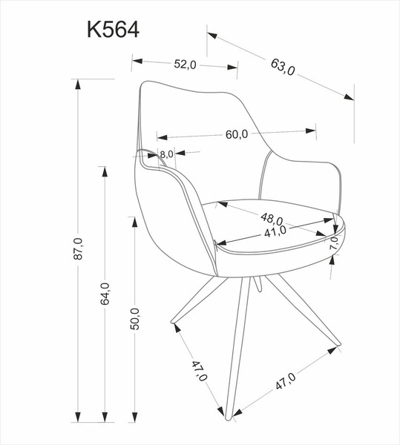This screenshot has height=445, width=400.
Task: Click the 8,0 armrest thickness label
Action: (165, 154)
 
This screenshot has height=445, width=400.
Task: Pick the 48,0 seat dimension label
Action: (272, 219)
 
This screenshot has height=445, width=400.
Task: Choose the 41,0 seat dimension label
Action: (275, 231)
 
